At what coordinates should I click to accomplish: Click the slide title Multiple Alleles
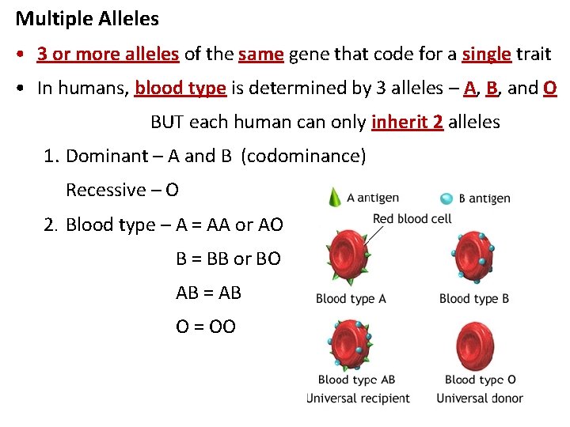pos(87,18)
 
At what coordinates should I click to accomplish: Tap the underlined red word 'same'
pos(260,54)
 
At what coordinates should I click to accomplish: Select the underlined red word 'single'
pos(486,54)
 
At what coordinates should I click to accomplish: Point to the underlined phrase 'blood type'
pos(180,88)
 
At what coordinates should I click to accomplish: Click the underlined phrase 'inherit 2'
pos(407,122)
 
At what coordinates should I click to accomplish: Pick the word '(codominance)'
pos(305,156)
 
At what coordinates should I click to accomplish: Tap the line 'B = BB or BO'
pos(228,259)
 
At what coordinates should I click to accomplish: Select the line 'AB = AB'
pos(208,293)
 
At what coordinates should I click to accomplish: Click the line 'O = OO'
pos(206,327)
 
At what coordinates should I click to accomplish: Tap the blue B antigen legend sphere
pos(446,198)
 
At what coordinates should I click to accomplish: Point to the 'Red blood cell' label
pos(412,218)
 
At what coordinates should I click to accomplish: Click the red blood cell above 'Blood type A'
pos(345,255)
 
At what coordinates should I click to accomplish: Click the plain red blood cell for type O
pos(477,346)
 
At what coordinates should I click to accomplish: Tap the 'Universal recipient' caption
pos(358,398)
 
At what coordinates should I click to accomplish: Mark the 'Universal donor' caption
pos(480,398)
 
